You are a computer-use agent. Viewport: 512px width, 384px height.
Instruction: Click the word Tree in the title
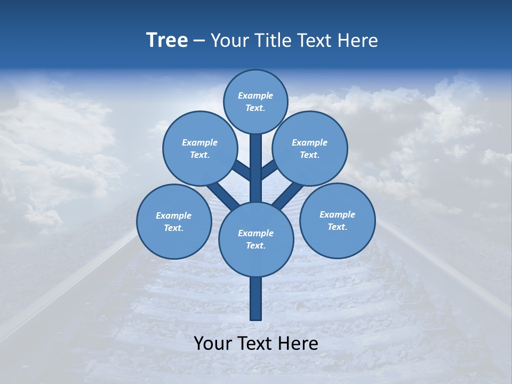[x=167, y=40]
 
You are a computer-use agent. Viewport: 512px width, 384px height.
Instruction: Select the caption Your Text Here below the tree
[x=256, y=343]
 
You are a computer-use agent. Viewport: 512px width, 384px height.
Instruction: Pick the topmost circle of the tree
[x=255, y=101]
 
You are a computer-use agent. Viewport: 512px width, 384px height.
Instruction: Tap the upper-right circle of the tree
[x=310, y=148]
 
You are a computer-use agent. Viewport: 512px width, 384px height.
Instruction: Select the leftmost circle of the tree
[x=174, y=221]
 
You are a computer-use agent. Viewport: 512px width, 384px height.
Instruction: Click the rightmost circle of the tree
[x=338, y=220]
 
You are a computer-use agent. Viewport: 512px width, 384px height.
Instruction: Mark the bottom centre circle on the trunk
[x=256, y=239]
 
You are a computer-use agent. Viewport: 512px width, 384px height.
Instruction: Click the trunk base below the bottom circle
[x=256, y=299]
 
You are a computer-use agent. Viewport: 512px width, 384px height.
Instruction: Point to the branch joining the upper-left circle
[x=242, y=171]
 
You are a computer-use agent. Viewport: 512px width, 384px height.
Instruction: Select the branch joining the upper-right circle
[x=269, y=170]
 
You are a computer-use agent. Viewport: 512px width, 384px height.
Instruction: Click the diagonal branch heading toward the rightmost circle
[x=289, y=194]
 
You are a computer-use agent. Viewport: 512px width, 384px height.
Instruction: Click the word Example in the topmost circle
[x=255, y=95]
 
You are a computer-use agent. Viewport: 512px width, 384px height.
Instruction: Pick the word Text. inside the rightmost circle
[x=338, y=227]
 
